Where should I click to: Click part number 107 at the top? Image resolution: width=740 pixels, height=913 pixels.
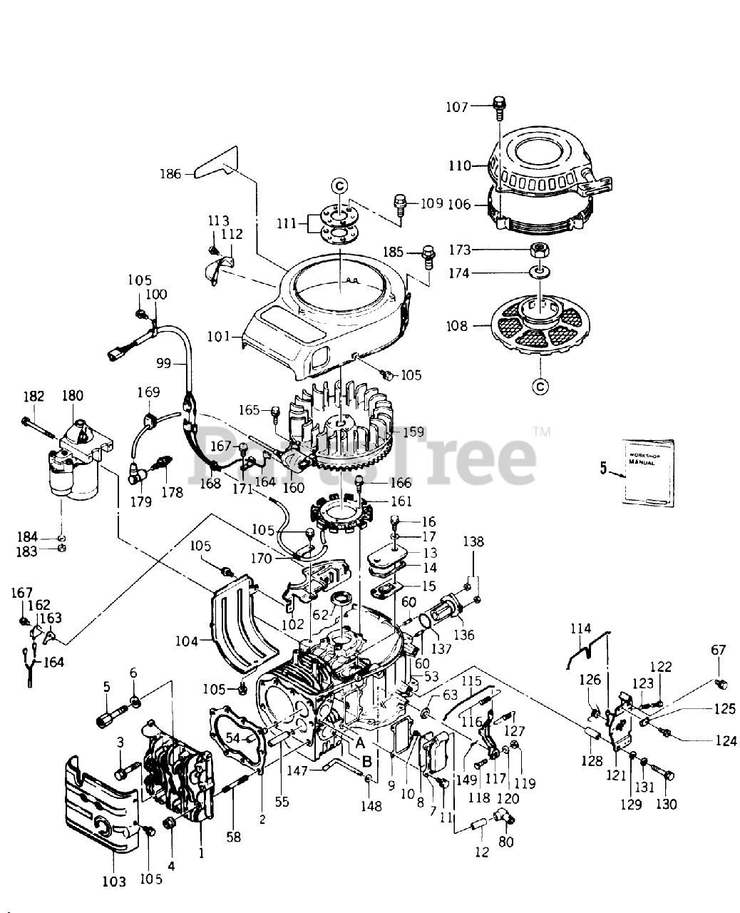pyautogui.click(x=458, y=107)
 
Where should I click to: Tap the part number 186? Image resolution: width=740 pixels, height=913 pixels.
pyautogui.click(x=170, y=173)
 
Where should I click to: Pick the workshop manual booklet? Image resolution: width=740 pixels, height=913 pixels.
pyautogui.click(x=647, y=472)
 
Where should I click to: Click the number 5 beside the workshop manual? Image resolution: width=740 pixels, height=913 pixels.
pyautogui.click(x=604, y=469)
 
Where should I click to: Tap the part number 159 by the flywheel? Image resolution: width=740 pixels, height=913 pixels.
pyautogui.click(x=413, y=432)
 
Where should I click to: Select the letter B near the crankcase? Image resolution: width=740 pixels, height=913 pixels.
pyautogui.click(x=366, y=761)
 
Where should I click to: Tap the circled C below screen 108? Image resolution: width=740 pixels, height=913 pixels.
pyautogui.click(x=540, y=387)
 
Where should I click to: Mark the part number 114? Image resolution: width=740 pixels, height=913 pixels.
pyautogui.click(x=581, y=628)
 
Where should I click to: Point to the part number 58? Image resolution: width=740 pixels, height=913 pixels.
pyautogui.click(x=234, y=837)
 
